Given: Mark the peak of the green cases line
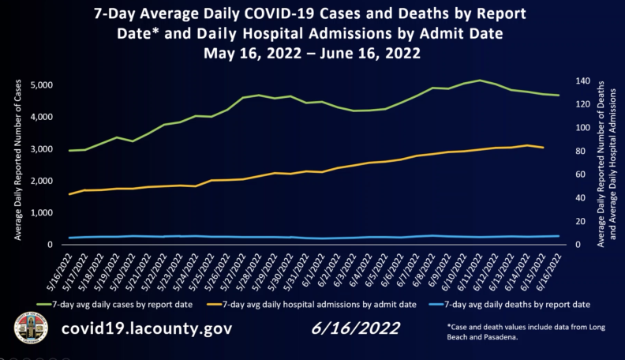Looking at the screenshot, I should click(480, 80).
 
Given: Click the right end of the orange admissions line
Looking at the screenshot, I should click(543, 148).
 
